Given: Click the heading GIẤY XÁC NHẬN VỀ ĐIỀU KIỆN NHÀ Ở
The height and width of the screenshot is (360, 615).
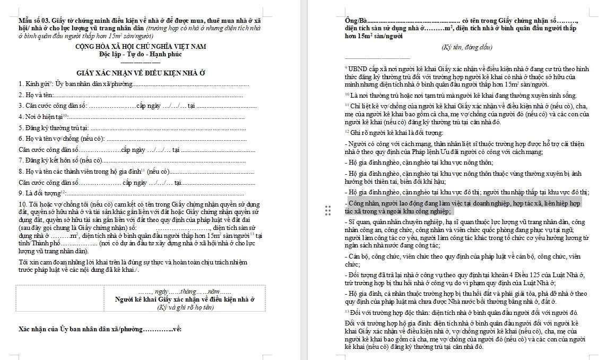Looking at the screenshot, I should tap(141, 72).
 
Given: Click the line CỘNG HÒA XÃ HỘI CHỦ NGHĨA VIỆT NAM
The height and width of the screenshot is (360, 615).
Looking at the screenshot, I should tap(140, 47).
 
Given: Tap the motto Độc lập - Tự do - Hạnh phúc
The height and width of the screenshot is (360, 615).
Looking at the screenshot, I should tap(140, 54).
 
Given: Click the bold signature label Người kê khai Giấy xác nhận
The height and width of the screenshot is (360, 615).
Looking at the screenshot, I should tap(185, 299).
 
